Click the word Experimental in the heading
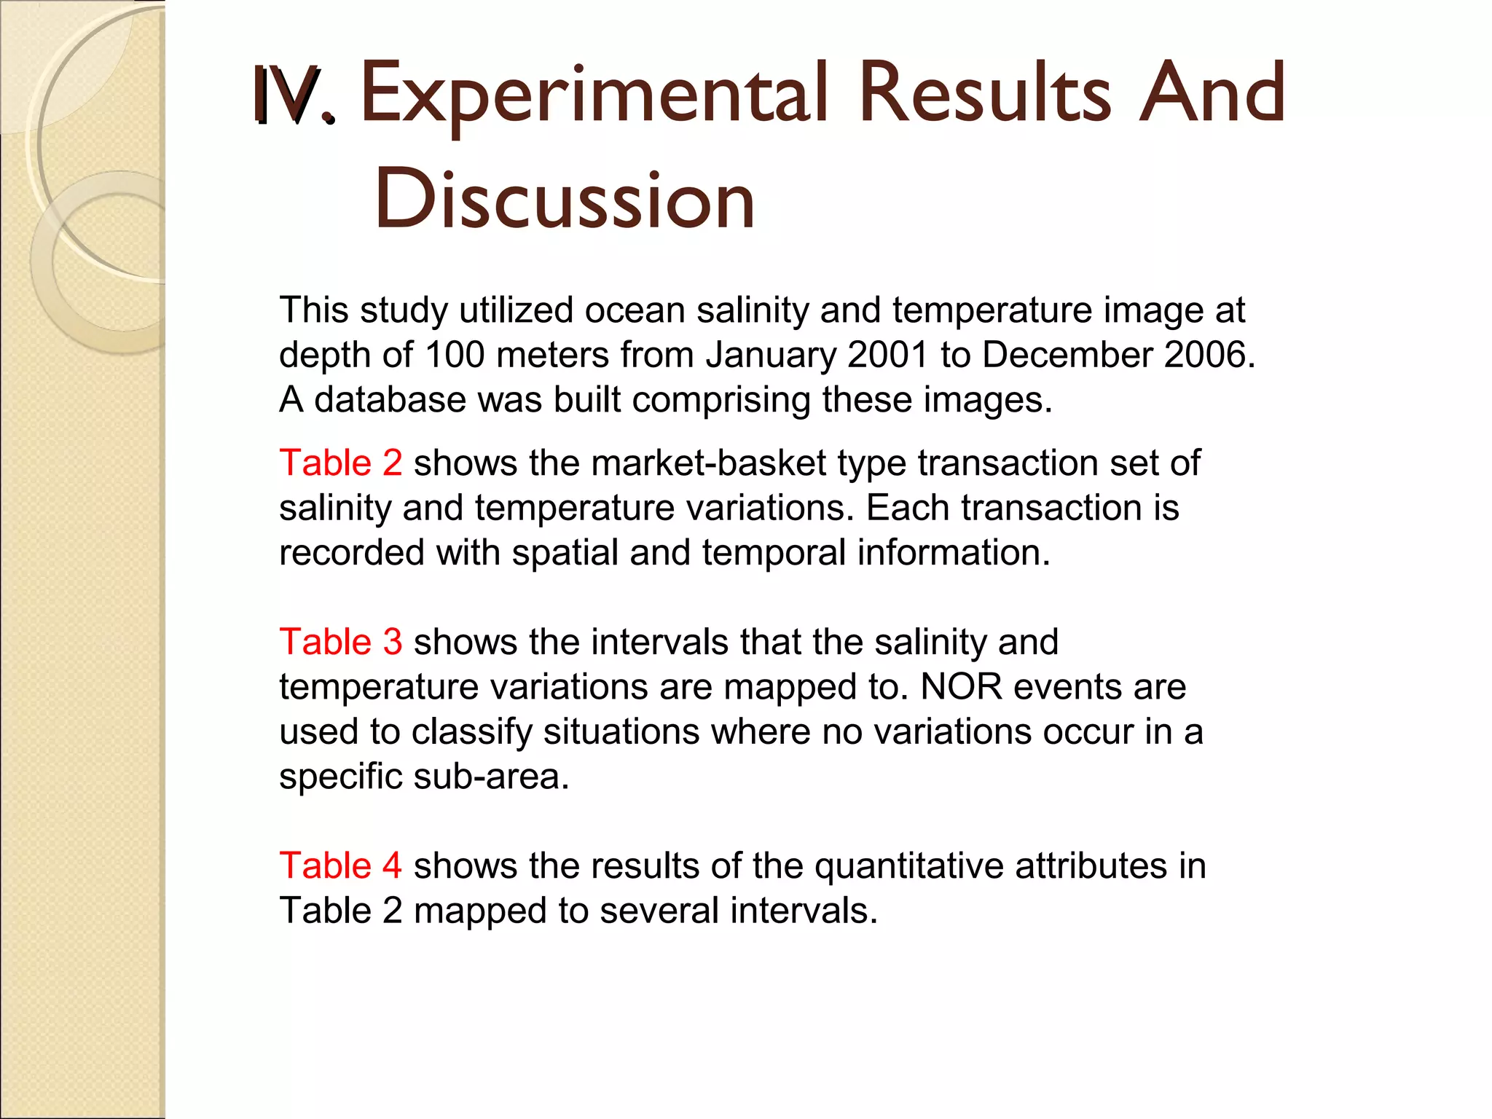pos(594,95)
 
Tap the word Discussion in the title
pos(565,199)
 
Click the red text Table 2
pos(340,463)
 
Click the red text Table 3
pos(340,643)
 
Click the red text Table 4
pos(340,866)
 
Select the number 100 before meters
pos(455,356)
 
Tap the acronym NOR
pos(962,687)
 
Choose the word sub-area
pos(490,777)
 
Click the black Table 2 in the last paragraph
pos(340,911)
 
